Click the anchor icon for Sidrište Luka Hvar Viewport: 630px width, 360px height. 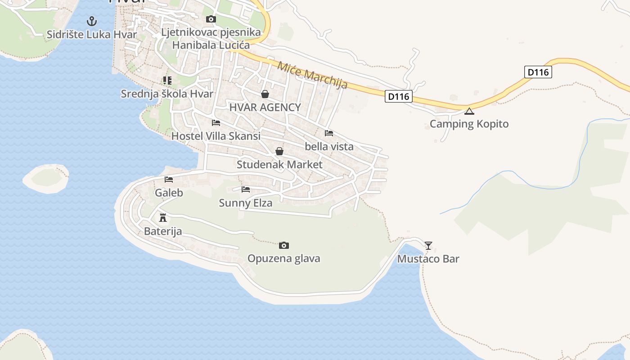[92, 21]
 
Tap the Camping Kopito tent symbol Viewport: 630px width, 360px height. [469, 111]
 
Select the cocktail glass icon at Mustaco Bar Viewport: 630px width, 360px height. [428, 245]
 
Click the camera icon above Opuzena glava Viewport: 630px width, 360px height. [283, 245]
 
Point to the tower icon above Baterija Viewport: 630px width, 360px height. [163, 218]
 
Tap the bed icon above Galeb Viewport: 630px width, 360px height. [169, 180]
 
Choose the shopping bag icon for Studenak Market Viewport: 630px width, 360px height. [279, 151]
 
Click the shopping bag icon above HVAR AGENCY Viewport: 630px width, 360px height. [265, 94]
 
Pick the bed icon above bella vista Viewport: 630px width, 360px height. [329, 133]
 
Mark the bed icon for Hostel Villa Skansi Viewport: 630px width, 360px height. [216, 122]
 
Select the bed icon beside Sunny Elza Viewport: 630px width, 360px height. [246, 189]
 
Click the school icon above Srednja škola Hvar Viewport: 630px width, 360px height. [167, 81]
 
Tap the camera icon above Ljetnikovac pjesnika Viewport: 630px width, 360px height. [211, 19]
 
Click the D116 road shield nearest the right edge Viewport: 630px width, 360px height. [538, 72]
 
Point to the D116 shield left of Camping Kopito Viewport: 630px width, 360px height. [399, 96]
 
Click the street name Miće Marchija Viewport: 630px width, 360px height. [312, 75]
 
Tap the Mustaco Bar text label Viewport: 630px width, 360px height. [428, 259]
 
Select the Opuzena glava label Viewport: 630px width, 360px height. [283, 259]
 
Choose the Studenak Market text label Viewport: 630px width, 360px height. [279, 165]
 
